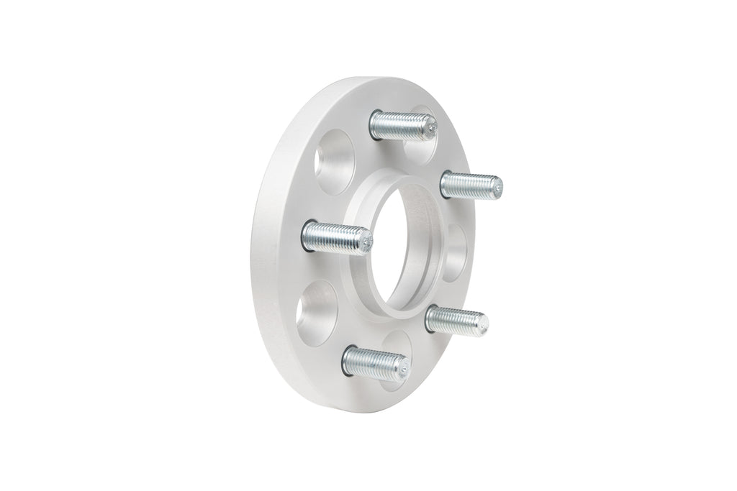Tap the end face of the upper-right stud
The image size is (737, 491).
[497, 188]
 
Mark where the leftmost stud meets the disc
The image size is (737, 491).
[307, 235]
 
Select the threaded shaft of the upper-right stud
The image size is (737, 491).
[468, 185]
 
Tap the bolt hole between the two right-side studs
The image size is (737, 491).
[456, 252]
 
